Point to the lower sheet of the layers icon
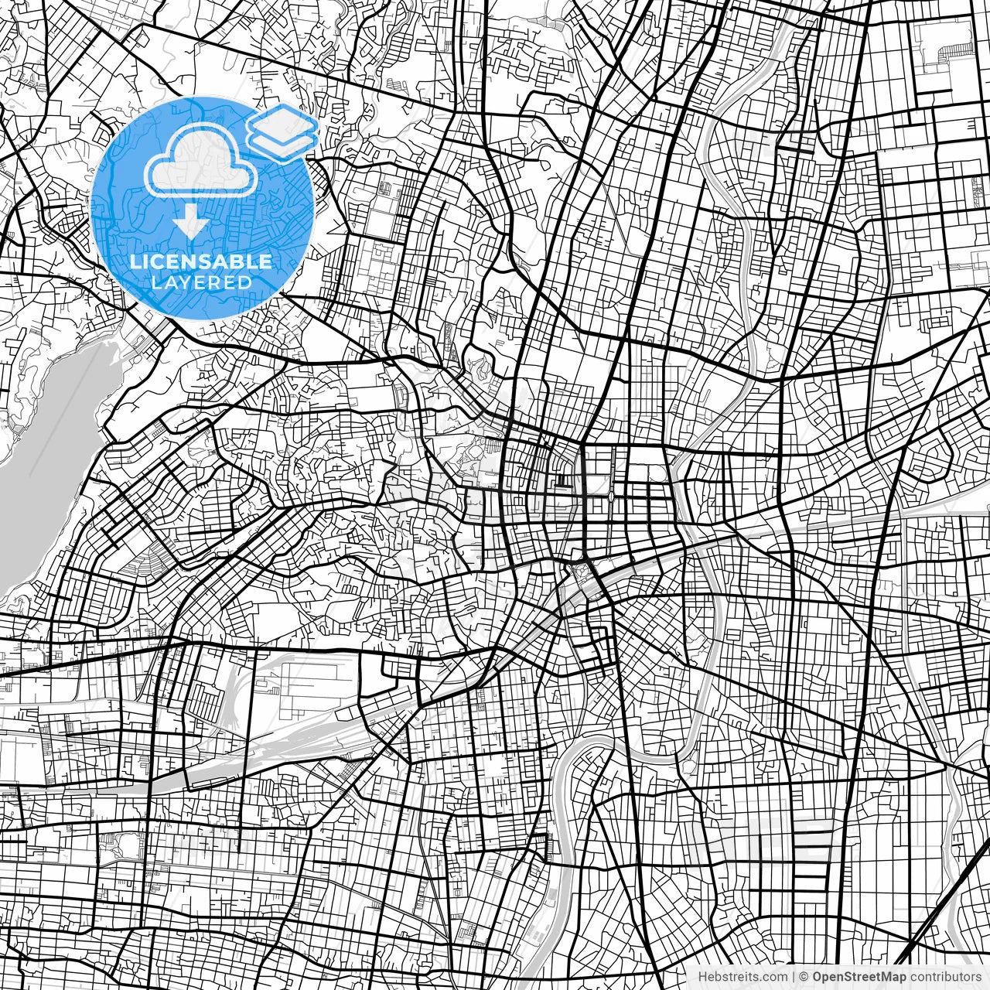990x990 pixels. click(283, 144)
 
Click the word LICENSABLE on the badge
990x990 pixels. click(201, 261)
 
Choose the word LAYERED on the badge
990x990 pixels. click(202, 282)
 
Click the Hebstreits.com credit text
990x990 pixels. click(743, 977)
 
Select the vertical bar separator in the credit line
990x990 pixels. click(794, 977)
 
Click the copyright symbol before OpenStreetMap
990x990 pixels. click(804, 977)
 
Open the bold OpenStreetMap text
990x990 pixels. click(859, 977)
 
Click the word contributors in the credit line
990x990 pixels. click(945, 977)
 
